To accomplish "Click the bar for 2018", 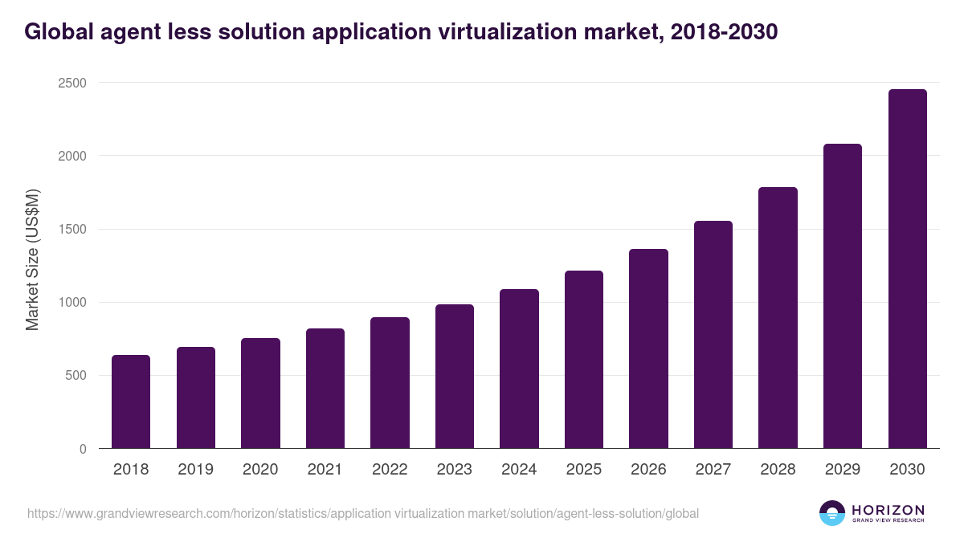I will tap(131, 401).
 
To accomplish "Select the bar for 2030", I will tap(907, 269).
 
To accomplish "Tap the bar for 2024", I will tap(519, 369).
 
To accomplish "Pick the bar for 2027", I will tap(713, 335).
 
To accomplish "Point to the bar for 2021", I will tap(325, 389).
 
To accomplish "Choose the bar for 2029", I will tap(843, 296).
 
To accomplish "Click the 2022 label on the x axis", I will tap(390, 470).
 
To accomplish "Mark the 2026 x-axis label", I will tap(648, 470).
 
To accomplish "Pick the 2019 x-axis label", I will tap(195, 470).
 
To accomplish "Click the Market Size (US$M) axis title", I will tap(32, 259).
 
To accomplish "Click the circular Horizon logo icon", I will tap(832, 513).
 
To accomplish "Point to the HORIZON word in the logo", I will tap(888, 509).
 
